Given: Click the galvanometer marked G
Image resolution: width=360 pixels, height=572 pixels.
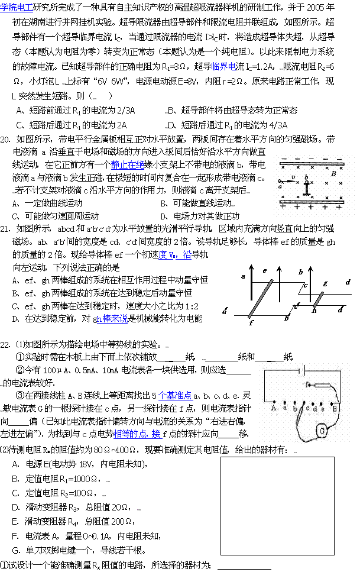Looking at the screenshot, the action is point(322,431).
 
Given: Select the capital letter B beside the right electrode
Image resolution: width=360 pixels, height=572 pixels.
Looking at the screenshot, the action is point(335,409).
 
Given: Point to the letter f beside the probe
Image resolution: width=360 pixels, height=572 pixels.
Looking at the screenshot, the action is point(307,384).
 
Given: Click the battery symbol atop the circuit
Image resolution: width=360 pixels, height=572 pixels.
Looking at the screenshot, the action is point(303,371).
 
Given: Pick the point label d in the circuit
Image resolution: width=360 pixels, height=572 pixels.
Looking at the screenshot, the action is point(314,409).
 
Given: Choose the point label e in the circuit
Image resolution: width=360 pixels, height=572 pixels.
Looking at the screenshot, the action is point(322,409).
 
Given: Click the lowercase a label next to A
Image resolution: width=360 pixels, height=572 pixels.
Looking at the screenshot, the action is point(284,408).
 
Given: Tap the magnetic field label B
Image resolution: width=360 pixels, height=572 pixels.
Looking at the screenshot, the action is point(333,174).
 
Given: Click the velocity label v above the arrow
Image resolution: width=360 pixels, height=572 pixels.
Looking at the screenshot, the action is point(293,177).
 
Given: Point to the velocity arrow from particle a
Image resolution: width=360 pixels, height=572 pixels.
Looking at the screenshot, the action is point(288,182).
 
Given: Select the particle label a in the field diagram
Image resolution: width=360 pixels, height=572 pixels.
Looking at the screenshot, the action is point(280,187).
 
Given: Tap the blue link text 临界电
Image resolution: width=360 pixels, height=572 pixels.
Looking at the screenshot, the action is point(224,67).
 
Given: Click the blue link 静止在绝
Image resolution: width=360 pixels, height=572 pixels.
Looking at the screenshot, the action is point(128,165).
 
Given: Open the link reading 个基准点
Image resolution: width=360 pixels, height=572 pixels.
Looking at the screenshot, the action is point(176,396).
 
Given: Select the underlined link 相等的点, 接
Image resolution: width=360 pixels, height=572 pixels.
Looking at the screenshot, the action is point(137,434).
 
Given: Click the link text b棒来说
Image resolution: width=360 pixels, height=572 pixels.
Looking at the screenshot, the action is point(112,319).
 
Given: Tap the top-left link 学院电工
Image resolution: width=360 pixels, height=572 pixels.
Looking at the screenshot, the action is point(17,8).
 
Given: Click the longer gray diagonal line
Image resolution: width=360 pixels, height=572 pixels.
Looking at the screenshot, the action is point(261,299).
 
